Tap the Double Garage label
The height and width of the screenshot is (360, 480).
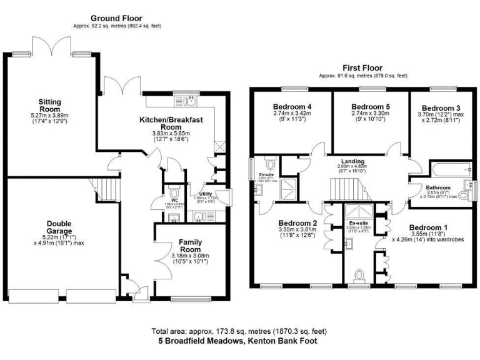coord(62,227)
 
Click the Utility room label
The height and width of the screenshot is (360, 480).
coord(207,194)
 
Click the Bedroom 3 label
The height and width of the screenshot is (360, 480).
coord(441,108)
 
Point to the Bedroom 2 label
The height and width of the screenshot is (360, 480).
coord(297,223)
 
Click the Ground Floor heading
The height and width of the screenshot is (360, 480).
coord(116,18)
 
